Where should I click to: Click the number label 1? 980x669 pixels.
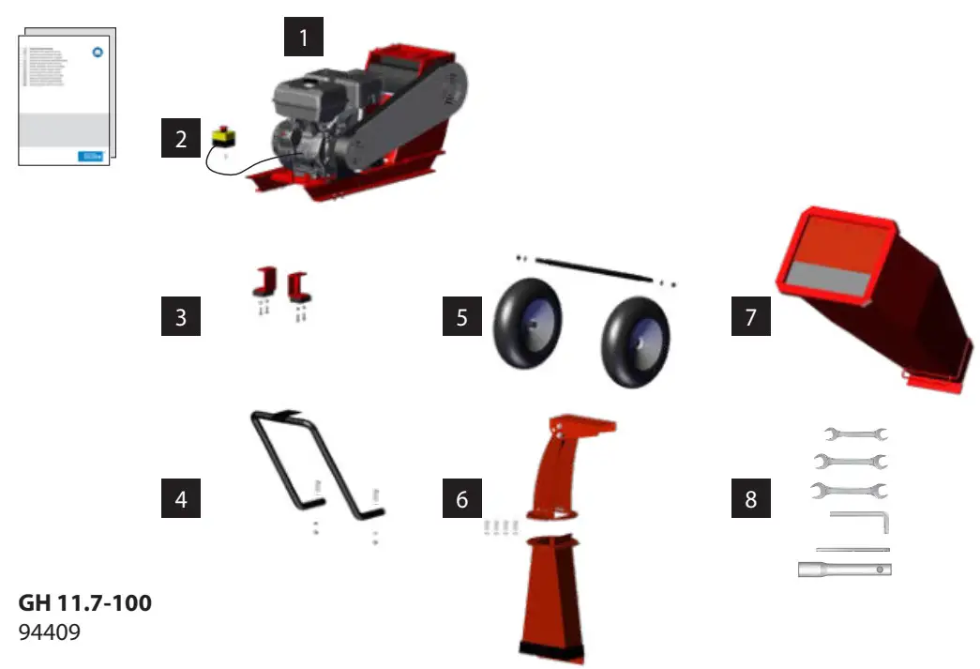(x=303, y=39)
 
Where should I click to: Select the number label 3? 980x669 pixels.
(x=180, y=316)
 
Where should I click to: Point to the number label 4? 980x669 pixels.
(x=180, y=498)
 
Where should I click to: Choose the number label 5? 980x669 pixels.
(x=461, y=316)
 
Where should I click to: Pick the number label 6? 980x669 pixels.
(x=461, y=498)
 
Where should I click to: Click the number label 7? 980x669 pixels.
(x=750, y=316)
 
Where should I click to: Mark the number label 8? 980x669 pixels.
(x=750, y=498)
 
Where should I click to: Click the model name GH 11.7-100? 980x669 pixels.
(x=84, y=604)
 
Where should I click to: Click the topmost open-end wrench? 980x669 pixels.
(x=855, y=433)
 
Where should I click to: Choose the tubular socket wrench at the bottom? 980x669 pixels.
(x=843, y=569)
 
